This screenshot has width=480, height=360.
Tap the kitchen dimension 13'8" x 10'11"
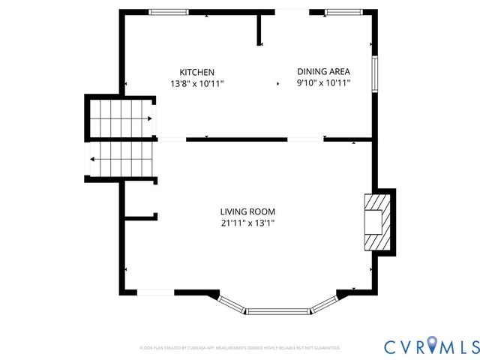196,84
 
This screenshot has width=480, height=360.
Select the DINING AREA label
323,72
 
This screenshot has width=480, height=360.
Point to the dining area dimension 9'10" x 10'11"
323,84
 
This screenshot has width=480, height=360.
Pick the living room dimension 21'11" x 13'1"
247,223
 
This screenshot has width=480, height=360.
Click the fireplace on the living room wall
373,222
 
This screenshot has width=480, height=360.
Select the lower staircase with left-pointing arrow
121,159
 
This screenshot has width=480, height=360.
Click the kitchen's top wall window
169,12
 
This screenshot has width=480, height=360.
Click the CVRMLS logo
431,346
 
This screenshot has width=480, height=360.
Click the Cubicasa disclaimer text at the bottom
240,348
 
